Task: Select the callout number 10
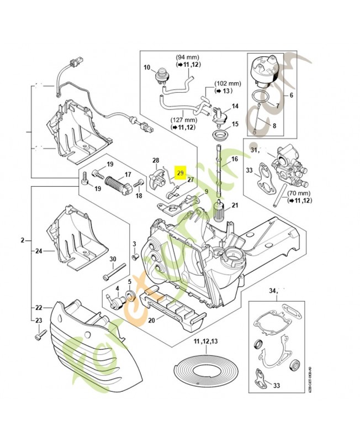pos(147,68)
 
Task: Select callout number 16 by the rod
pos(234,159)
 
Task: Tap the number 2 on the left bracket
pos(23,240)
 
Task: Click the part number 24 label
pos(39,251)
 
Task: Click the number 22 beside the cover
pos(39,308)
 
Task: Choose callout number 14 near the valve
pos(235,106)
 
